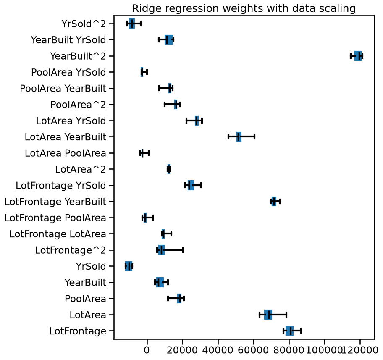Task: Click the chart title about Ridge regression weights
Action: [244, 8]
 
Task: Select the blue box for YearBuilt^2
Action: [358, 56]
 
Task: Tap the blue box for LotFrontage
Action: [289, 331]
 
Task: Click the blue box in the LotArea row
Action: [268, 315]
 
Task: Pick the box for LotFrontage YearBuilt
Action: [274, 201]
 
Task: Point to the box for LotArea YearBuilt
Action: [239, 137]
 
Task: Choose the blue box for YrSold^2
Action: [132, 24]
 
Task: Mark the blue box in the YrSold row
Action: [129, 266]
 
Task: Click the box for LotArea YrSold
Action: [197, 121]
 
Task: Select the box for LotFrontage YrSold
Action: [191, 185]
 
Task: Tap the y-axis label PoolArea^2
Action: [78, 105]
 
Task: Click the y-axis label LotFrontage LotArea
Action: [58, 234]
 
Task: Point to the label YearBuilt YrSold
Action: [68, 40]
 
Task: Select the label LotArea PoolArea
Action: [66, 153]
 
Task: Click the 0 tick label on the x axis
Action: [147, 350]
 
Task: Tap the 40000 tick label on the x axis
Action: [218, 350]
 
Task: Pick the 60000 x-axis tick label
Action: [253, 350]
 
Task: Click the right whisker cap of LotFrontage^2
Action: [183, 250]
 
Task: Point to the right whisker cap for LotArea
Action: [286, 315]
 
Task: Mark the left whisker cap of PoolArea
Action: [168, 298]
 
